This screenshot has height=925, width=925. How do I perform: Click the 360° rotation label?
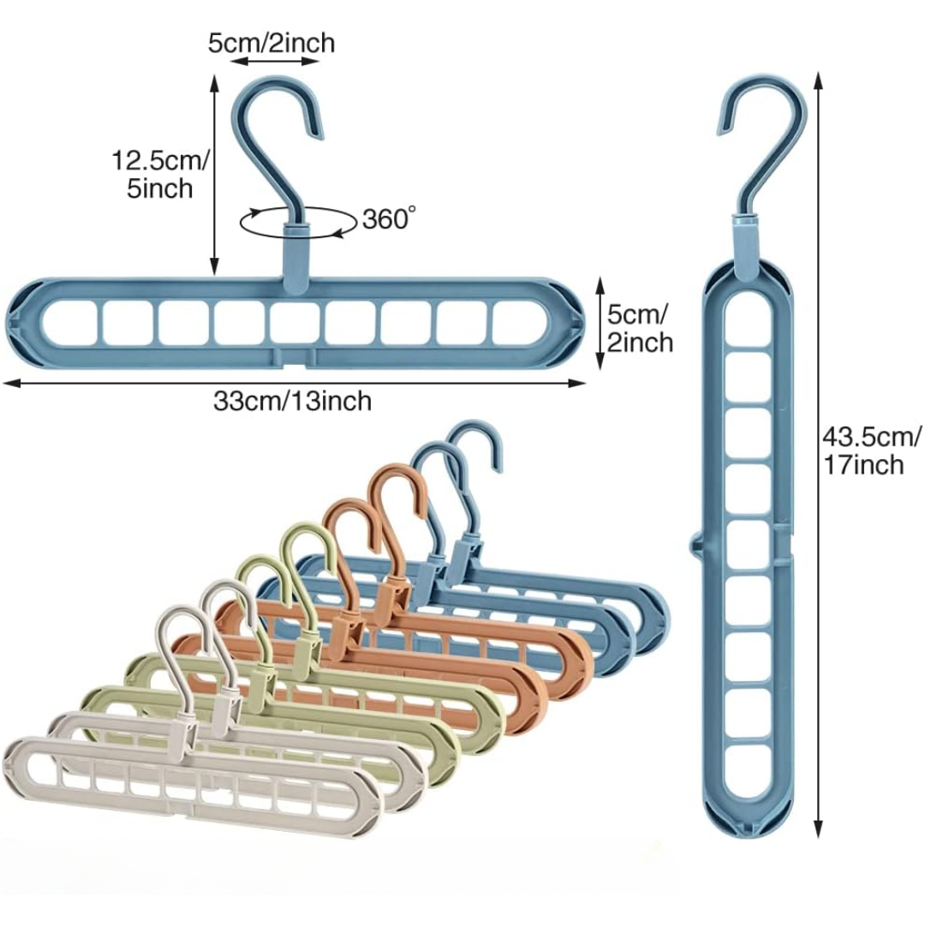[x=387, y=219]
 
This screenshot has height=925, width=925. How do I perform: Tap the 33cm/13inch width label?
[x=293, y=400]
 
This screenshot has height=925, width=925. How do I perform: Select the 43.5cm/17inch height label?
[x=871, y=451]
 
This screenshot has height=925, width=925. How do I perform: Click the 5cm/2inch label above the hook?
[x=272, y=42]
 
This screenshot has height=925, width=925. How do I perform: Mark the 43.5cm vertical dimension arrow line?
[x=819, y=454]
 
